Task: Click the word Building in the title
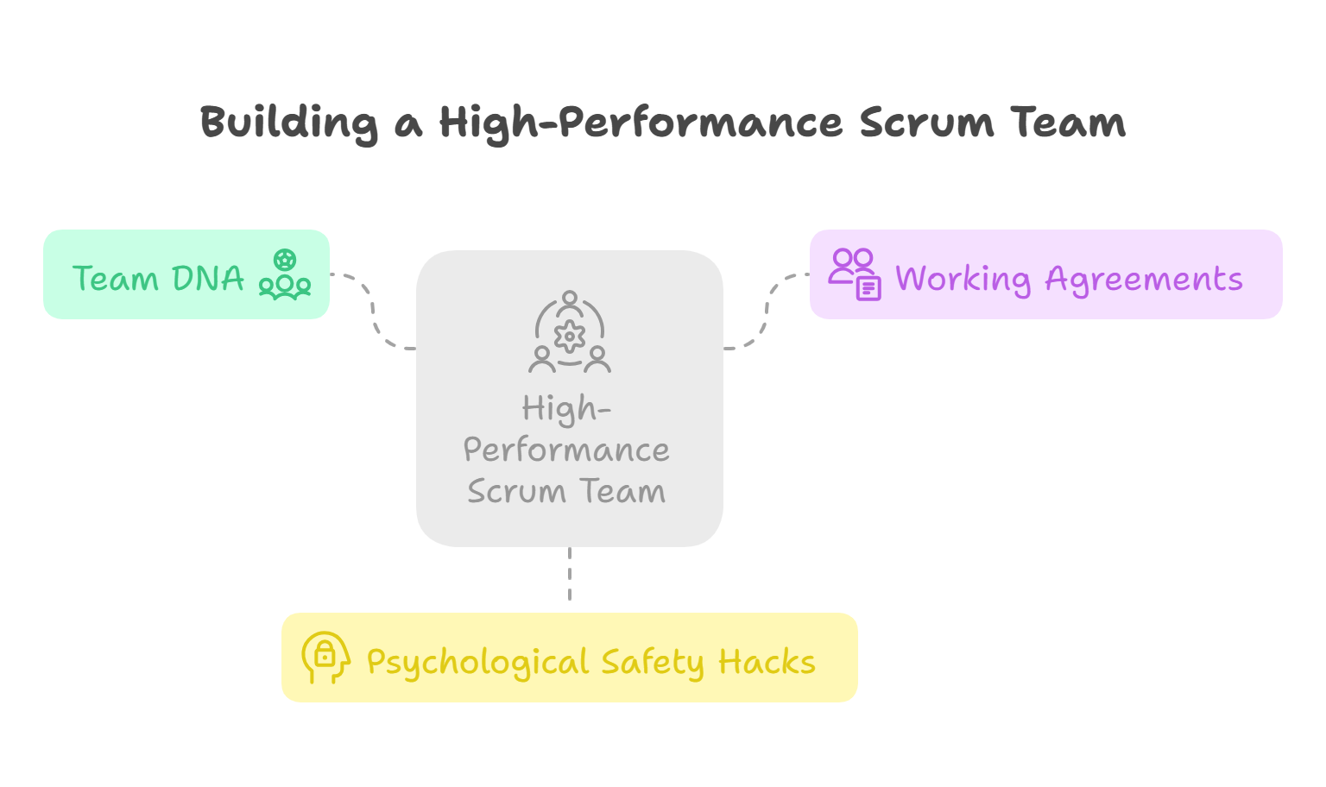tap(289, 123)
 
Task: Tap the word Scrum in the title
tap(926, 123)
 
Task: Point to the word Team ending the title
tap(1069, 123)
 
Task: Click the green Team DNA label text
tap(158, 279)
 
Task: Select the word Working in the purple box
tap(963, 279)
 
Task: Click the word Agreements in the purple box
tap(1144, 279)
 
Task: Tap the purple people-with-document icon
tap(855, 274)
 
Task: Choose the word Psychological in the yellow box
tap(477, 663)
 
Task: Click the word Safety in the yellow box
tap(653, 663)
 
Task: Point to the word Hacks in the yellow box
tap(767, 663)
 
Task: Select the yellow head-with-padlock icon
tap(325, 658)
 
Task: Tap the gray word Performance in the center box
tap(566, 450)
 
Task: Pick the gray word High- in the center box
tap(566, 409)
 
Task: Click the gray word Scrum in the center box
tap(516, 491)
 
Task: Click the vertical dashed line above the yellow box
tap(570, 574)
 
